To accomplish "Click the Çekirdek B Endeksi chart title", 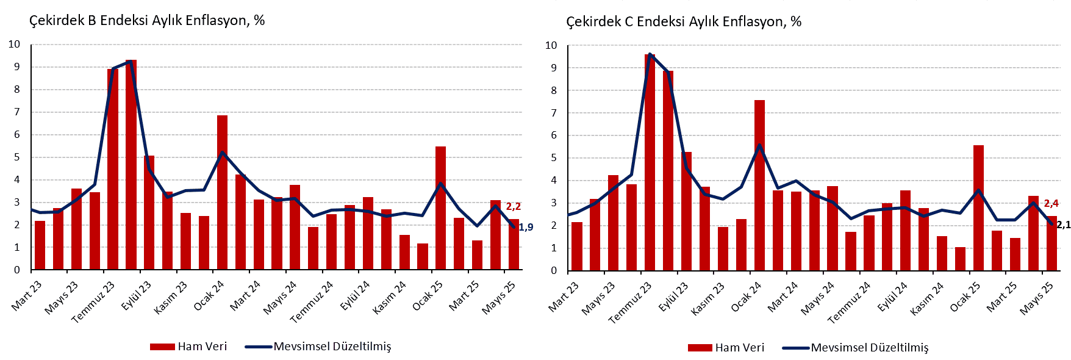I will pyautogui.click(x=147, y=21).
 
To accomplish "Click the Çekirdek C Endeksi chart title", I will pyautogui.click(x=684, y=22).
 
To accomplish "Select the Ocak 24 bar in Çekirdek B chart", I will pyautogui.click(x=222, y=192).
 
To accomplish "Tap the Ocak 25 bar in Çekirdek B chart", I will pyautogui.click(x=440, y=207).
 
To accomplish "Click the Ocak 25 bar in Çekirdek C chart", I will pyautogui.click(x=978, y=207).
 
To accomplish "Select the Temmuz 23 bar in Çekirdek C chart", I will pyautogui.click(x=650, y=162).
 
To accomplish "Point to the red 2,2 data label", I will pyautogui.click(x=513, y=206).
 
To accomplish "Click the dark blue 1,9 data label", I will pyautogui.click(x=525, y=228).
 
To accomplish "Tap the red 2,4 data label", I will pyautogui.click(x=1051, y=204).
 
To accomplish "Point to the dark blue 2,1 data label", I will pyautogui.click(x=1063, y=225).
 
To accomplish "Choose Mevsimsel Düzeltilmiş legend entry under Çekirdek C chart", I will pyautogui.click(x=869, y=348).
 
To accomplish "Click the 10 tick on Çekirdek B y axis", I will pyautogui.click(x=14, y=45).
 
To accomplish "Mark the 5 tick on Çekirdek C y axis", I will pyautogui.click(x=554, y=158).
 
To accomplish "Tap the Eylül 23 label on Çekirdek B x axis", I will pyautogui.click(x=137, y=297).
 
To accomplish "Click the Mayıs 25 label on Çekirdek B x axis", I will pyautogui.click(x=498, y=298).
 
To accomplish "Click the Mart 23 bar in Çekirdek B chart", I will pyautogui.click(x=40, y=245).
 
